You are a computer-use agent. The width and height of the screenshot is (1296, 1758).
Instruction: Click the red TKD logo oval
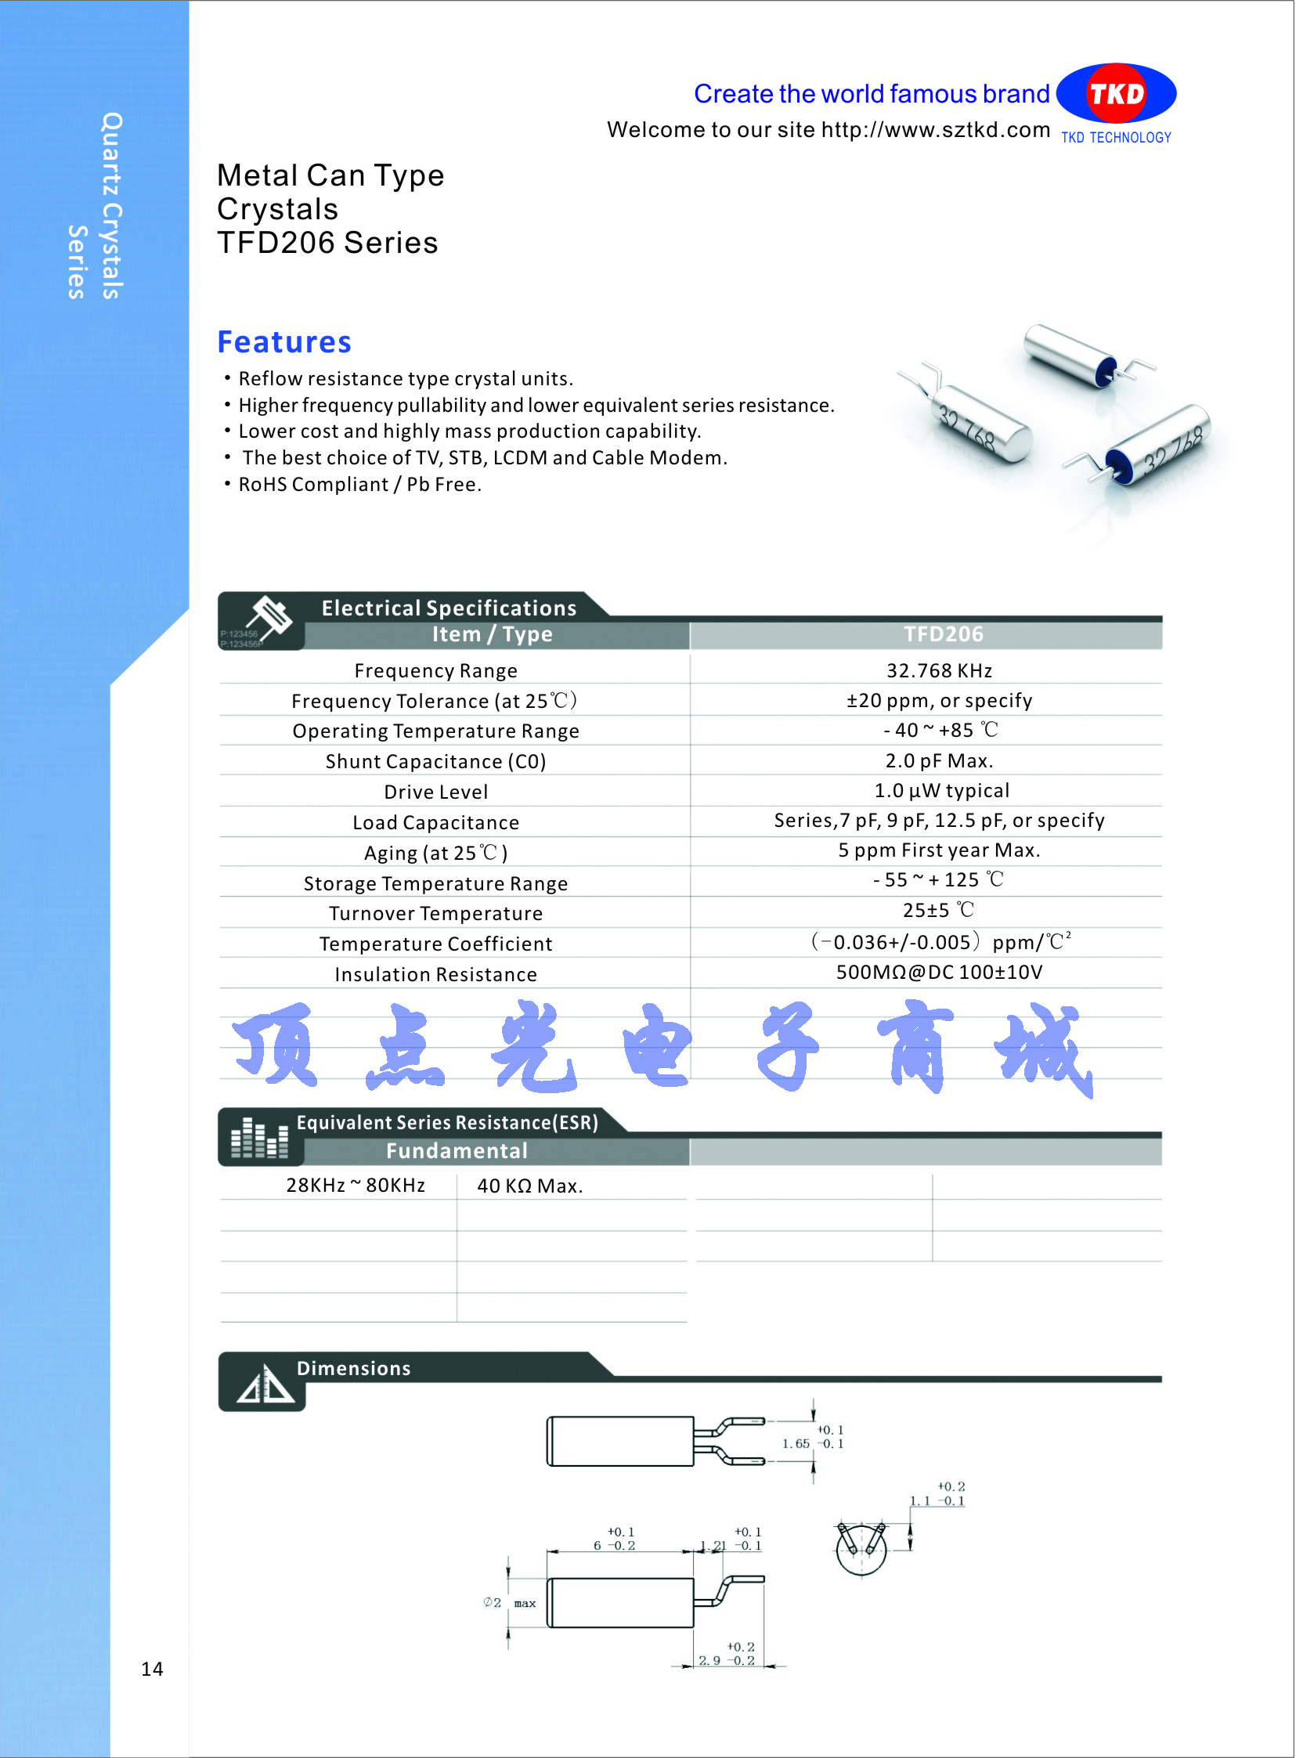[1116, 94]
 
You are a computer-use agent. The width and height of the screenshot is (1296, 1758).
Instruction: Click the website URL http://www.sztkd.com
[935, 129]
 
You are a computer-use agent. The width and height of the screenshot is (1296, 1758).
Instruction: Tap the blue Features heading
[284, 342]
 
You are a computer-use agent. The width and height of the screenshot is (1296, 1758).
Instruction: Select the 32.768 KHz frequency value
[939, 671]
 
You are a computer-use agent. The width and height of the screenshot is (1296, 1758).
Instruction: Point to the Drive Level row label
[435, 792]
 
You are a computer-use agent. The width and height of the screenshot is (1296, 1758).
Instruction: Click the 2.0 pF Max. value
[939, 761]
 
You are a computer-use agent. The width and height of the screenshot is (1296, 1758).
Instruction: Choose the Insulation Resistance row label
[435, 974]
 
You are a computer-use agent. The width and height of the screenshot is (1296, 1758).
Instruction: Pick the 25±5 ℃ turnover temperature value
[939, 911]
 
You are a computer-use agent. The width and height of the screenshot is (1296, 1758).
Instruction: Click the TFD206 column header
[943, 634]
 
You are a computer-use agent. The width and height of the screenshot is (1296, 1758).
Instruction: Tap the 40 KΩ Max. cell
[529, 1186]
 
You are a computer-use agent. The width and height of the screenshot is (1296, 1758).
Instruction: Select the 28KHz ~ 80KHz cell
[356, 1186]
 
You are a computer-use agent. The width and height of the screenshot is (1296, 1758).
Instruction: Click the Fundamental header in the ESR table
[457, 1151]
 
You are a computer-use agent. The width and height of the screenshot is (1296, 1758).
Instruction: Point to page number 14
[152, 1669]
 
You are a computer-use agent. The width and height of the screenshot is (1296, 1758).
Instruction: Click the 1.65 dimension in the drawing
[796, 1443]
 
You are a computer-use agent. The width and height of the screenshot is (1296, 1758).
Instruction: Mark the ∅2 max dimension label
[509, 1603]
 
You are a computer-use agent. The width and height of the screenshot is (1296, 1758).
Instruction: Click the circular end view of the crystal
[861, 1549]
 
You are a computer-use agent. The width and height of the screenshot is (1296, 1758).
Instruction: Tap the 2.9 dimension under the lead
[709, 1660]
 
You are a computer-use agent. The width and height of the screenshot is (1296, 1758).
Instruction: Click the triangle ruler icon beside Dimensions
[265, 1384]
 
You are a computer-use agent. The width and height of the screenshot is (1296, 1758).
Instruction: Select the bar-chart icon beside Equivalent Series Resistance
[259, 1138]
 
